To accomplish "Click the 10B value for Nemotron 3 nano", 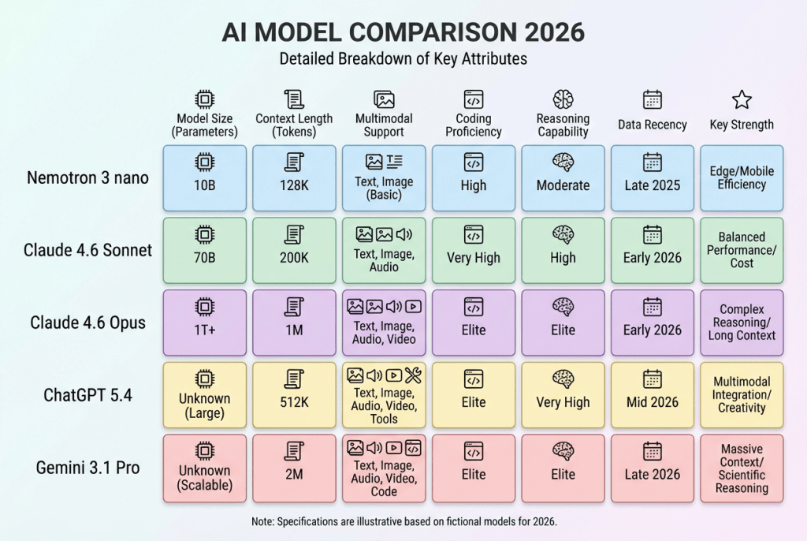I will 204,185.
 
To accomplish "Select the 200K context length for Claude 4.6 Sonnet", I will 294,258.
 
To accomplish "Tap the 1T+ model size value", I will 204,330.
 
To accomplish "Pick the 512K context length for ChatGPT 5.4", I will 294,402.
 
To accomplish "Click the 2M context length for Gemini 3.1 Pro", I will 294,475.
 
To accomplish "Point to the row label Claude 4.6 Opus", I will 88,323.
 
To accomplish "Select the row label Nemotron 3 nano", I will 88,177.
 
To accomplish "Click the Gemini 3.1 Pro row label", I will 88,468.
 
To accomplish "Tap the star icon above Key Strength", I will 742,99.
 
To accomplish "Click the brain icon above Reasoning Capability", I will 563,99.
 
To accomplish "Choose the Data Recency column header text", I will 652,125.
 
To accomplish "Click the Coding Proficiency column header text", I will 474,125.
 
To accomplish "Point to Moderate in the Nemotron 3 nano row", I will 563,185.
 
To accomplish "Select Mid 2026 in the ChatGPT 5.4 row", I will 652,402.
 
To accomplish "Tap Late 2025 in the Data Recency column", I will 652,185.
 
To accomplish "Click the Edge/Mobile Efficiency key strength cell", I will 742,178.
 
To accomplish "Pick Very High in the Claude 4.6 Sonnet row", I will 474,258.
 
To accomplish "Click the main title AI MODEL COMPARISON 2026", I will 403,32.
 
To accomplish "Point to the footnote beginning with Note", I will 403,521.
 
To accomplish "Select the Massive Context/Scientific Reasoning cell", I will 742,468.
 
